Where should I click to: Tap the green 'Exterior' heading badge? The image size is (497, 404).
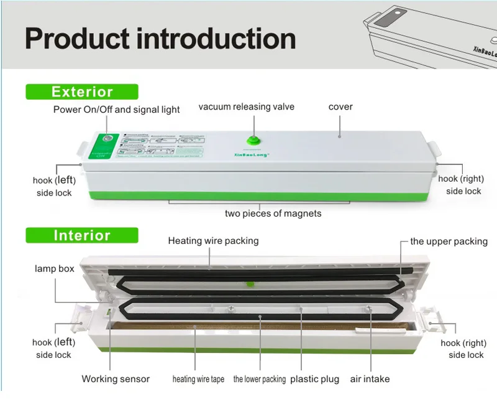click(x=82, y=92)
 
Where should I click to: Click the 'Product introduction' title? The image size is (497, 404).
click(x=160, y=38)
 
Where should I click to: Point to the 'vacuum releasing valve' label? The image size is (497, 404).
click(x=247, y=107)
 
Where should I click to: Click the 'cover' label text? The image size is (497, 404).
click(x=340, y=107)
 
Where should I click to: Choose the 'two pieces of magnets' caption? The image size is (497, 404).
click(x=273, y=214)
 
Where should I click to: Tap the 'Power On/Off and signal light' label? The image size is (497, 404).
click(x=116, y=110)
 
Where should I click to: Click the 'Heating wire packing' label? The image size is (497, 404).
click(x=213, y=240)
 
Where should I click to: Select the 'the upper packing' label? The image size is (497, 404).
click(x=449, y=242)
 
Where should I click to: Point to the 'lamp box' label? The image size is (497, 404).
click(x=54, y=269)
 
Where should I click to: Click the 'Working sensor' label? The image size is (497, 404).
click(x=116, y=378)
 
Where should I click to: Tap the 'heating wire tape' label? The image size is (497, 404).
click(x=198, y=379)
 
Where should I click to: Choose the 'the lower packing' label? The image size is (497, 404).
click(x=260, y=379)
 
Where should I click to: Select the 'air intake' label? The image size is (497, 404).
click(x=370, y=378)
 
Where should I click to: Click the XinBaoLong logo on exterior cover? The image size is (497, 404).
click(x=252, y=156)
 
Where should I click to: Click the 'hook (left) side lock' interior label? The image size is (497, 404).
click(x=53, y=349)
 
